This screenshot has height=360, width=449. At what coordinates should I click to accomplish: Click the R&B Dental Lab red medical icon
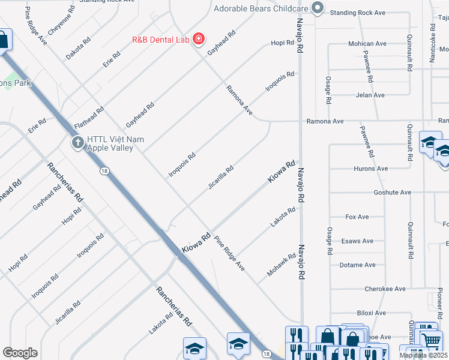(x=198, y=41)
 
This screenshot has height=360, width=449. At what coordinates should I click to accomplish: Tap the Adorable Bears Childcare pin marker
(x=318, y=8)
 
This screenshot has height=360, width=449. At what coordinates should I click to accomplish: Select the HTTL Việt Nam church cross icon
(x=77, y=142)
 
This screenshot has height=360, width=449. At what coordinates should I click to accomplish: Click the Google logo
(x=20, y=353)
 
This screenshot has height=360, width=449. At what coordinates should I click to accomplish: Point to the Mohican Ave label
(x=367, y=44)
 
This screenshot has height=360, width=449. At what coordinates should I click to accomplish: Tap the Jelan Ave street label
(x=370, y=95)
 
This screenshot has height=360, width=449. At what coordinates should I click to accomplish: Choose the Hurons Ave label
(x=372, y=169)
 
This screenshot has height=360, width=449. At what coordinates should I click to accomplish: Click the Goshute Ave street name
(x=393, y=193)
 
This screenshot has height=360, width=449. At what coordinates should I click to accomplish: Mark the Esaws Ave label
(x=362, y=241)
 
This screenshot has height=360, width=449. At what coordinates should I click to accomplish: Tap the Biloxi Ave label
(x=371, y=313)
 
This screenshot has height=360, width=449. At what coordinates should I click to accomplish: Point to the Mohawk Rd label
(x=282, y=265)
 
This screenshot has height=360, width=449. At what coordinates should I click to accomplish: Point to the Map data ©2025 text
(x=423, y=355)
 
